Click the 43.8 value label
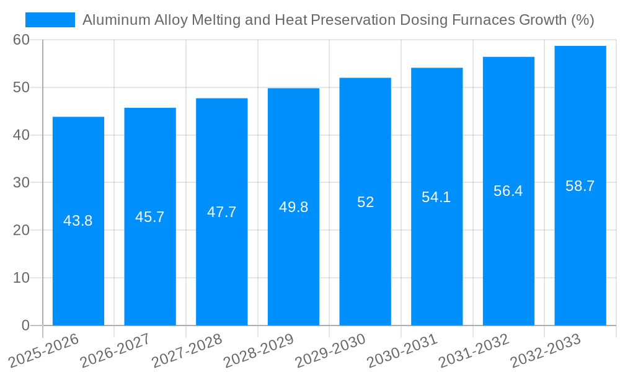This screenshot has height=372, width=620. click(x=78, y=221)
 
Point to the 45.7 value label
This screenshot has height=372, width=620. click(x=150, y=217)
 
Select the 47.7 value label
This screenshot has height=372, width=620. click(x=222, y=212)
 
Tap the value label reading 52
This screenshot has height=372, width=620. click(x=365, y=202)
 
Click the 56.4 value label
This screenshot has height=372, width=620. click(x=508, y=191)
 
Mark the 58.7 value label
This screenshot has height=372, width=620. click(x=580, y=186)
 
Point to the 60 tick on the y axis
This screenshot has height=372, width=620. click(x=22, y=40)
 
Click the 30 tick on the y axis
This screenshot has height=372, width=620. click(x=22, y=183)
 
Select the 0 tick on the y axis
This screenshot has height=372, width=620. click(x=25, y=325)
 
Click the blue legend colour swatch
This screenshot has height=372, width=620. click(x=50, y=20)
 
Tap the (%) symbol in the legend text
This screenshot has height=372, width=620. click(x=582, y=20)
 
